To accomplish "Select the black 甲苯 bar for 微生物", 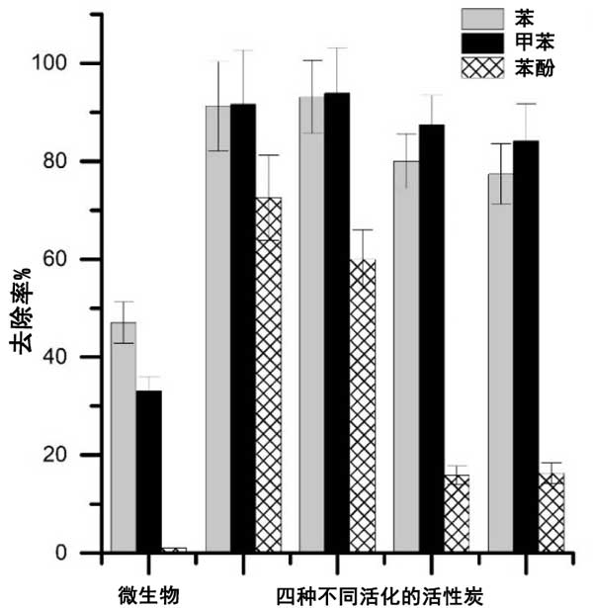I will [148, 472].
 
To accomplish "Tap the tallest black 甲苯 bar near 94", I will [336, 322].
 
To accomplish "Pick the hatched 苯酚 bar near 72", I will [268, 375].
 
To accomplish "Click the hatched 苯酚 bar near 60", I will [362, 405].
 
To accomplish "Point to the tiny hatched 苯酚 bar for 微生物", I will [174, 550].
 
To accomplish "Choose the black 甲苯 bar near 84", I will [525, 346].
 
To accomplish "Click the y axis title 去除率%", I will [22, 309].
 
